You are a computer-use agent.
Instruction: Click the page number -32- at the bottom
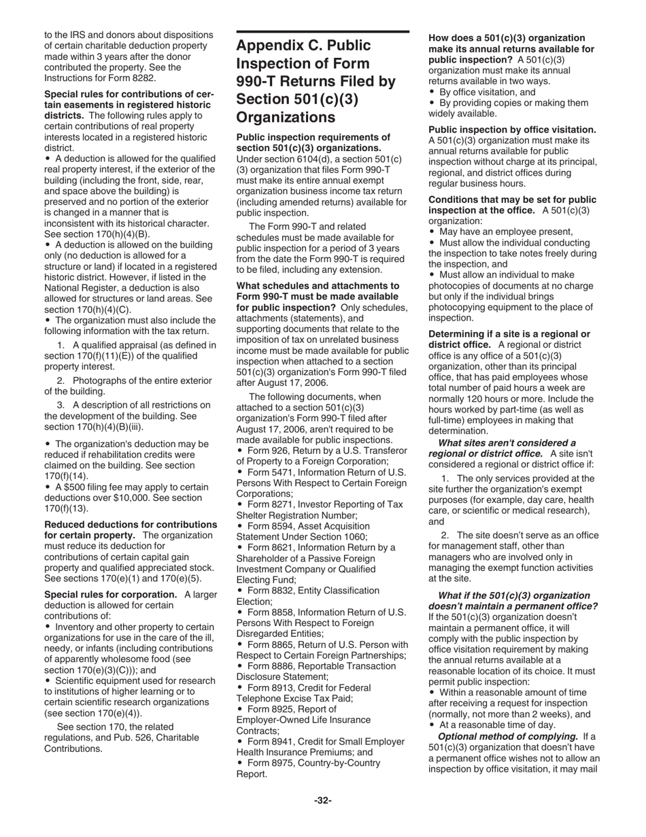tap(322, 800)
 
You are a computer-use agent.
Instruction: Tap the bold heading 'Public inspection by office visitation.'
tap(512, 129)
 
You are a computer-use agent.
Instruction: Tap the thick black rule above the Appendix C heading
tap(322, 31)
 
